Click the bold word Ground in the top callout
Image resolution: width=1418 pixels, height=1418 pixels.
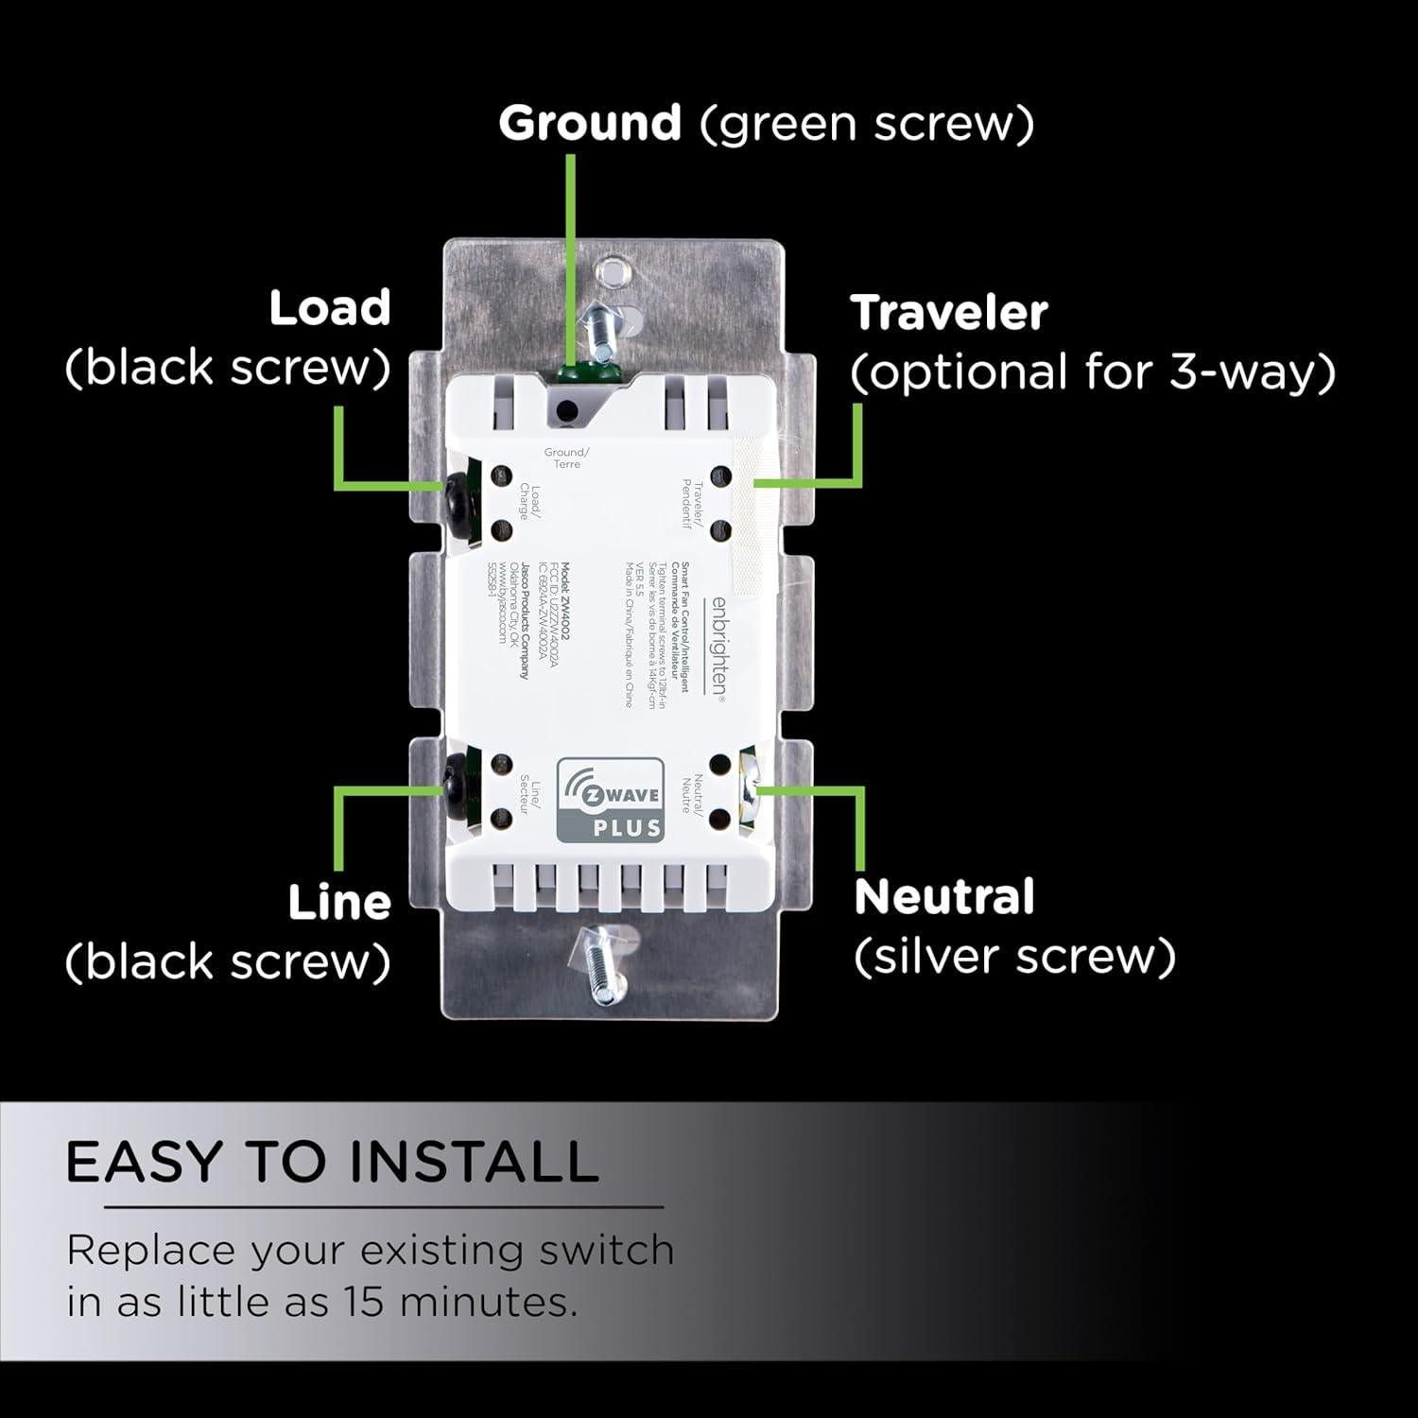[x=589, y=123]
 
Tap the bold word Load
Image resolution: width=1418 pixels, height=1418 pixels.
[x=329, y=308]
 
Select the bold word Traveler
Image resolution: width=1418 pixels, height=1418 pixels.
[x=949, y=312]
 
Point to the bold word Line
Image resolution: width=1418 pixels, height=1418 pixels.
[x=338, y=903]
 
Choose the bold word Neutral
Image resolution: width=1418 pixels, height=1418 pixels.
[x=943, y=897]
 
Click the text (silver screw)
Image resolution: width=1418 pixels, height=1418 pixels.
[x=1014, y=957]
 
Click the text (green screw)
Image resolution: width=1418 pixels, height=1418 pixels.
[x=867, y=124]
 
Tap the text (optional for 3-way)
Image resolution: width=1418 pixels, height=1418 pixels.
[x=1092, y=372]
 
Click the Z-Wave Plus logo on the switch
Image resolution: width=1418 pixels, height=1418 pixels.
[x=609, y=800]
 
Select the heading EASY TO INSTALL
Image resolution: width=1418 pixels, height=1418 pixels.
[x=332, y=1161]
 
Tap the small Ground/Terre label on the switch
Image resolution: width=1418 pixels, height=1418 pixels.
[x=566, y=458]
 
